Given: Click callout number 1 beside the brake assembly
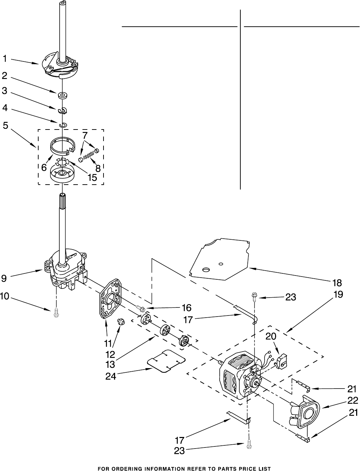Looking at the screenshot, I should [x=5, y=59].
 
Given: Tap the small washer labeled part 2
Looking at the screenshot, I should [x=63, y=94].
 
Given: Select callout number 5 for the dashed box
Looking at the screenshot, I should [x=5, y=125].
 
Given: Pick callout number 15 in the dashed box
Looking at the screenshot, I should [x=92, y=178].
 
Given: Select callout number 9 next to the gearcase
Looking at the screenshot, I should [x=4, y=279].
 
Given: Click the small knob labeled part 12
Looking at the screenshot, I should [x=121, y=320].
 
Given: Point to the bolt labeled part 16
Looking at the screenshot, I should [x=141, y=309].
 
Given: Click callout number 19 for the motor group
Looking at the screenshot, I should [x=338, y=295].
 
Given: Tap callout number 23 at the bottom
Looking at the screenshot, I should [x=179, y=451].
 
